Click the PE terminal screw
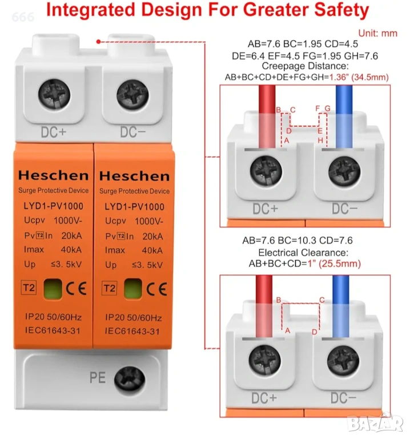pyautogui.click(x=130, y=380)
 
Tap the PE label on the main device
pyautogui.click(x=98, y=378)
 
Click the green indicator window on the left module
pyautogui.click(x=53, y=289)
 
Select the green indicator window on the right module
pyautogui.click(x=133, y=289)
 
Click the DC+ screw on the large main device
pyautogui.click(x=54, y=95)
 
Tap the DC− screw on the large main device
pyautogui.click(x=132, y=96)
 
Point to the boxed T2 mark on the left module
pyautogui.click(x=29, y=288)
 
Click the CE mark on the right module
pyautogui.click(x=157, y=289)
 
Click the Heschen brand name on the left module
pyautogui.click(x=54, y=175)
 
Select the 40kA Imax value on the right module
pyautogui.click(x=152, y=250)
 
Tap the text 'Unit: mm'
pyautogui.click(x=378, y=33)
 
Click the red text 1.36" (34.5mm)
pyautogui.click(x=359, y=77)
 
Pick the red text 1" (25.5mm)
pyautogui.click(x=334, y=264)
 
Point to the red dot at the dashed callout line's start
pyautogui.click(x=98, y=42)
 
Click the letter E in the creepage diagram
pyautogui.click(x=320, y=131)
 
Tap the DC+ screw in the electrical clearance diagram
pyautogui.click(x=264, y=361)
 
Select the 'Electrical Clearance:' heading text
pyautogui.click(x=303, y=253)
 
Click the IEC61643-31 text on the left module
pyautogui.click(x=53, y=330)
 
